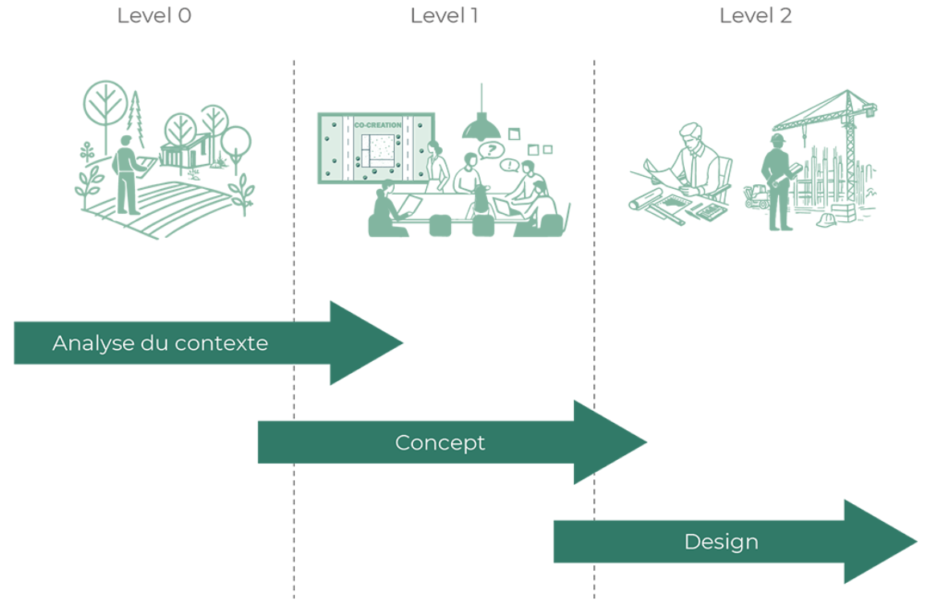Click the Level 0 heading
click(x=154, y=16)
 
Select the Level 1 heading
click(x=444, y=16)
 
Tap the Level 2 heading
click(x=755, y=16)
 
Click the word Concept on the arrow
click(x=440, y=442)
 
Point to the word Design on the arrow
click(x=721, y=542)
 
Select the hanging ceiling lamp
click(x=481, y=125)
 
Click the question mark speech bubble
click(x=490, y=149)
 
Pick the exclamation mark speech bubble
click(x=509, y=166)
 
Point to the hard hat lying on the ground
click(x=826, y=219)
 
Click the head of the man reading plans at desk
click(x=690, y=137)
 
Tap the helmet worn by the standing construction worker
click(x=776, y=139)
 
